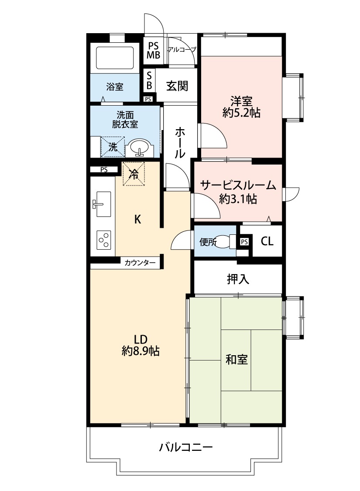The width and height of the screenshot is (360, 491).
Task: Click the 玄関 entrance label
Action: pyautogui.click(x=177, y=86)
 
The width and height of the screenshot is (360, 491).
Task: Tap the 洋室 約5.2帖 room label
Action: pyautogui.click(x=241, y=107)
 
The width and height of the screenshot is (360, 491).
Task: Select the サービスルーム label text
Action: pyautogui.click(x=238, y=186)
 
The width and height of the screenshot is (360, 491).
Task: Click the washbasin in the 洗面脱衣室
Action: pyautogui.click(x=139, y=147)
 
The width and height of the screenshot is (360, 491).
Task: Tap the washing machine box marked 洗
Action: pyautogui.click(x=113, y=147)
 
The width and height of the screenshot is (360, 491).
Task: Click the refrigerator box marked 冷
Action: pyautogui.click(x=134, y=174)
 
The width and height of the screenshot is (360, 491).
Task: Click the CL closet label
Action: pyautogui.click(x=267, y=241)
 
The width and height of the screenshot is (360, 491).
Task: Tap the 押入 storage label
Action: pyautogui.click(x=238, y=279)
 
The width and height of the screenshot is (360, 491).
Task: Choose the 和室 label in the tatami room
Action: pyautogui.click(x=237, y=359)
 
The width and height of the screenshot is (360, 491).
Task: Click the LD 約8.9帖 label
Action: pyautogui.click(x=140, y=345)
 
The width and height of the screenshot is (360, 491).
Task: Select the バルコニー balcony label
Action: pyautogui.click(x=185, y=447)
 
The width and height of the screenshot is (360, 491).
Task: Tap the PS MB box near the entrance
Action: pyautogui.click(x=153, y=51)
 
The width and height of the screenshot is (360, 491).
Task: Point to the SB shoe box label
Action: pyautogui.click(x=149, y=81)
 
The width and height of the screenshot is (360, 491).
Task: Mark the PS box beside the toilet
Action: pyautogui.click(x=244, y=241)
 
